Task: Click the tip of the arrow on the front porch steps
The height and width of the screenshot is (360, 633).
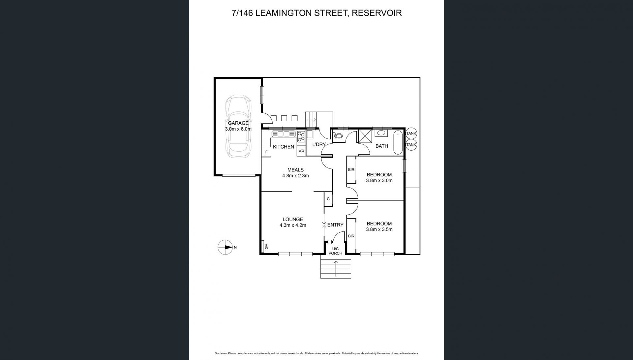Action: tap(336, 261)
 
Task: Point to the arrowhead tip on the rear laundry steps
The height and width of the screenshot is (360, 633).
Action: tap(316, 119)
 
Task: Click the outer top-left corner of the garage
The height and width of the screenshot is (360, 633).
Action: tap(214, 77)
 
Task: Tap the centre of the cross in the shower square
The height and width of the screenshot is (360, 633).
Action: tap(365, 136)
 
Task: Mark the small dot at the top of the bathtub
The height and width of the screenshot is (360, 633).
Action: tap(398, 135)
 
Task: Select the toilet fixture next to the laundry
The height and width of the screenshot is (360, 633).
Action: tap(337, 135)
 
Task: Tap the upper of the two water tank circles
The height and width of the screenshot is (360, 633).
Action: tap(411, 133)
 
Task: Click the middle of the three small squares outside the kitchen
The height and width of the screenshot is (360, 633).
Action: tap(284, 118)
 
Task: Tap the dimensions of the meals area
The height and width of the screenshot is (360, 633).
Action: tap(295, 176)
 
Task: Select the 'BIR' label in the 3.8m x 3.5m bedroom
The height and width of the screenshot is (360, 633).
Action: tap(351, 236)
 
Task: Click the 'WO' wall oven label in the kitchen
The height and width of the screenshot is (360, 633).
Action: tap(301, 151)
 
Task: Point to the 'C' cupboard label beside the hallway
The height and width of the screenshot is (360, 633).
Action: tap(328, 199)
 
